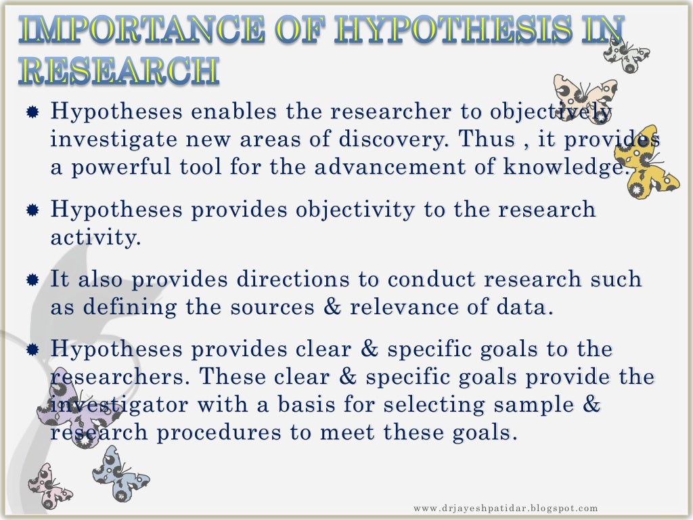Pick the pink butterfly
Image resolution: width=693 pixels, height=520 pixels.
tap(47, 484)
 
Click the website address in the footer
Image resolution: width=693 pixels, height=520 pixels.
tap(506, 508)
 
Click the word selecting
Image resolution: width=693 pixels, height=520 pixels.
tap(436, 405)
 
